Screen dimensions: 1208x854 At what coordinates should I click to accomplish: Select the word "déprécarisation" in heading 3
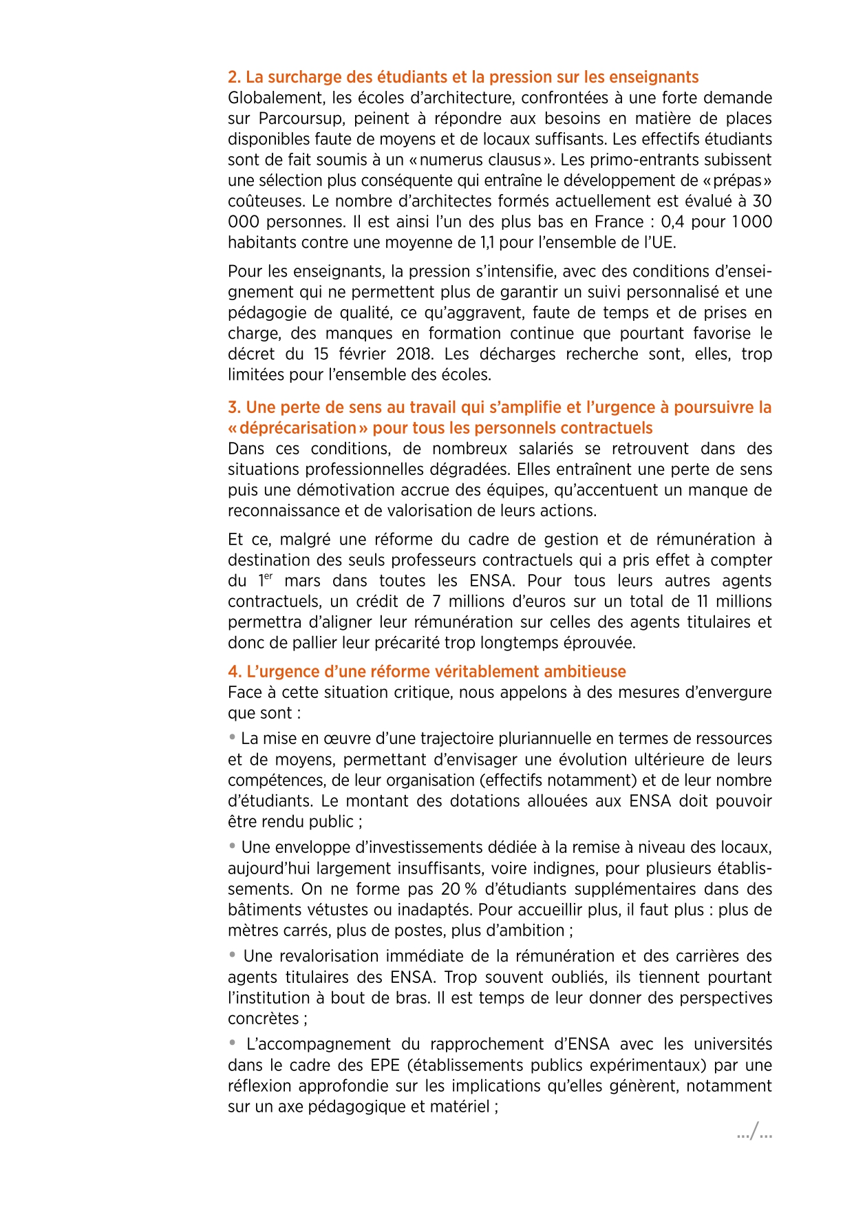[x=298, y=428]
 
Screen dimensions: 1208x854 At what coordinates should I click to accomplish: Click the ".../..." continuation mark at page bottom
[x=754, y=1132]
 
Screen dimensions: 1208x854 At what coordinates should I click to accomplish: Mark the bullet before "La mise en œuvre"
[x=233, y=737]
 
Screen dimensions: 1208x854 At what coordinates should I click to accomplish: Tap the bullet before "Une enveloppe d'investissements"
[x=233, y=846]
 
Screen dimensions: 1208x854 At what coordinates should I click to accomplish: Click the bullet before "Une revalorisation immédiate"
[x=233, y=955]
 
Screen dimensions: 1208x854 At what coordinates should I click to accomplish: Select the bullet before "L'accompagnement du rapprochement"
[x=233, y=1043]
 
